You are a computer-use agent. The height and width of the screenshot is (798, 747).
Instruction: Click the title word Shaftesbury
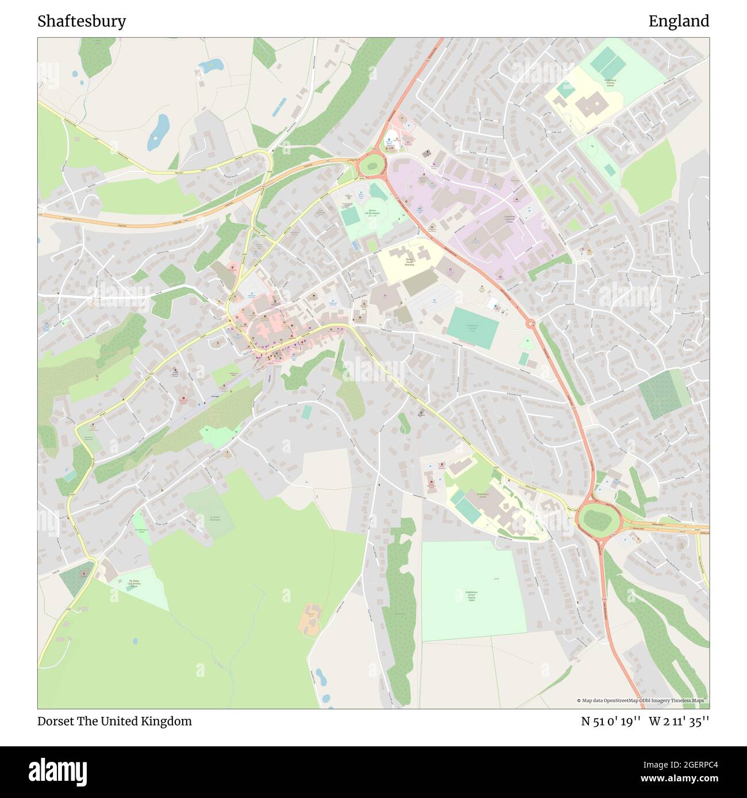[x=82, y=21]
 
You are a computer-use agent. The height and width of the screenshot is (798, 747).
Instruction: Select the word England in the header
[x=679, y=21]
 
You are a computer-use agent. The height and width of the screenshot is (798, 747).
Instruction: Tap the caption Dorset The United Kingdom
[x=115, y=721]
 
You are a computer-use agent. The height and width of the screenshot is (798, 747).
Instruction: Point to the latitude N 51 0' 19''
[x=610, y=721]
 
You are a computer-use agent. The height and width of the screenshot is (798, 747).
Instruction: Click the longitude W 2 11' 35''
[x=679, y=721]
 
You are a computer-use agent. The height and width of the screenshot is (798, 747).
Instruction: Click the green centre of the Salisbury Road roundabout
[x=597, y=520]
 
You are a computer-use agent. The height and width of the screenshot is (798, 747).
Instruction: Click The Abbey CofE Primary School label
[x=133, y=583]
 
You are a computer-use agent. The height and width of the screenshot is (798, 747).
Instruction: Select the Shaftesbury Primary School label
[x=610, y=83]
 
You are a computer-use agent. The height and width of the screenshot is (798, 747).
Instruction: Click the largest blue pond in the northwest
[x=158, y=131]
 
